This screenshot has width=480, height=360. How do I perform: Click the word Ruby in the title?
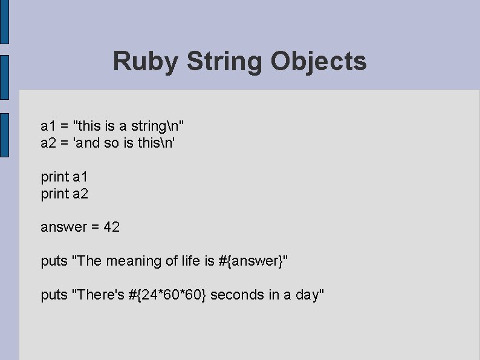pyautogui.click(x=146, y=61)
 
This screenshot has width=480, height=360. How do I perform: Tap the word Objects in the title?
pyautogui.click(x=319, y=61)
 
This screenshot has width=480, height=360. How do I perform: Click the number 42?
pyautogui.click(x=112, y=227)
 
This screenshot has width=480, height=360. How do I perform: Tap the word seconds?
pyautogui.click(x=236, y=295)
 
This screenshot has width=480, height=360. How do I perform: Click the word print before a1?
pyautogui.click(x=54, y=177)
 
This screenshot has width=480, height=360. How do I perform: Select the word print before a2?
pyautogui.click(x=54, y=194)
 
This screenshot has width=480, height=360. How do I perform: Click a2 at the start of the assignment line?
pyautogui.click(x=48, y=143)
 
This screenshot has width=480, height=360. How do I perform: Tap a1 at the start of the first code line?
pyautogui.click(x=48, y=126)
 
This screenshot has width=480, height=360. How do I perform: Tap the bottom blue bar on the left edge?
pyautogui.click(x=4, y=135)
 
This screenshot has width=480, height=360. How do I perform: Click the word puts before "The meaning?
pyautogui.click(x=54, y=261)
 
